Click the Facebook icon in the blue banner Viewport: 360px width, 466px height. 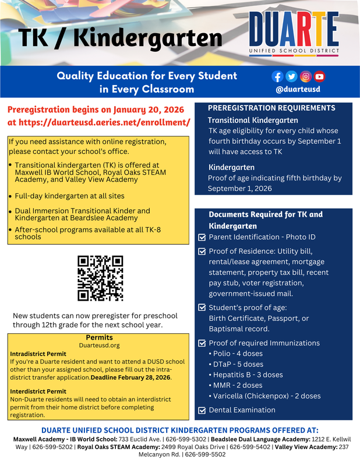(277, 76)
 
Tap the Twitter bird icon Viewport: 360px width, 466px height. (291, 76)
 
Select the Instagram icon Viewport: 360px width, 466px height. (305, 76)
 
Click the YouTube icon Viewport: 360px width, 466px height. (319, 76)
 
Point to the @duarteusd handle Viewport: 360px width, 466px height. (298, 90)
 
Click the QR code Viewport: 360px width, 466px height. (100, 278)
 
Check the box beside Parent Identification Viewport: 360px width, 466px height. (202, 238)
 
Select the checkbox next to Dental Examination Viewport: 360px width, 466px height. (202, 410)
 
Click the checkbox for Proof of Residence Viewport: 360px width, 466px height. (202, 251)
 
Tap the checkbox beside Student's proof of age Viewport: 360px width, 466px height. (202, 308)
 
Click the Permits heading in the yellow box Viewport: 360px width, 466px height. (99, 337)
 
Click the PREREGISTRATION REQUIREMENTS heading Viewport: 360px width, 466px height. (271, 108)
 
